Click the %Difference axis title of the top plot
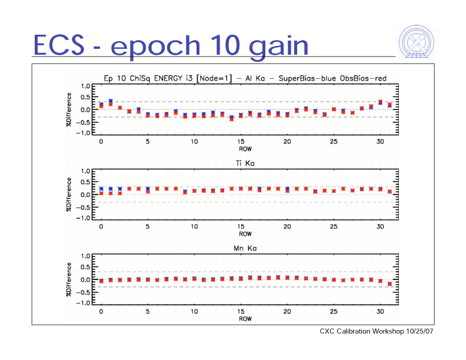click(x=69, y=109)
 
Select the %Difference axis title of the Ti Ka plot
click(x=69, y=195)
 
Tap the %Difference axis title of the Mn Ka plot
click(x=69, y=279)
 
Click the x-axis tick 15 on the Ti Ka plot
click(x=241, y=226)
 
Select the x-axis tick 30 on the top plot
click(x=380, y=142)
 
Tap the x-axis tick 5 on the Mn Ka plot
click(x=148, y=312)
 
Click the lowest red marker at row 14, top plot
click(x=232, y=119)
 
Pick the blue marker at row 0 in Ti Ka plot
click(x=101, y=189)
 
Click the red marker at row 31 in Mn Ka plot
click(x=390, y=284)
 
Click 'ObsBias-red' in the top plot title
click(x=363, y=77)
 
